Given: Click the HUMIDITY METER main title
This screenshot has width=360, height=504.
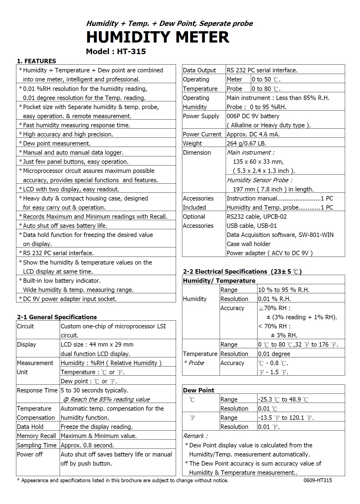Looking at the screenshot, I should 157,37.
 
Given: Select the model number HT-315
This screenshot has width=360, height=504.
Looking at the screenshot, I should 131,52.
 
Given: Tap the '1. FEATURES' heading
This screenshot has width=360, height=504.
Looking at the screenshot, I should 36,61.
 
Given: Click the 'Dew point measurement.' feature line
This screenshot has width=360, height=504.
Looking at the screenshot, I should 57,144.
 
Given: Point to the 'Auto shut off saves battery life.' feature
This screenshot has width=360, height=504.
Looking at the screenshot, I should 65,226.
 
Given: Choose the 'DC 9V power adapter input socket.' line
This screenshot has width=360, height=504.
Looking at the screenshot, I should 70,299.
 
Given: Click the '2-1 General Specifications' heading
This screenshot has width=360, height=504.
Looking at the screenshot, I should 57,317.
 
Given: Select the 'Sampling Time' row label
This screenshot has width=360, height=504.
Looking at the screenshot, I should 36,445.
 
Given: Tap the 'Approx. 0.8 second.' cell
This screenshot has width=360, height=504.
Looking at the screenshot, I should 87,445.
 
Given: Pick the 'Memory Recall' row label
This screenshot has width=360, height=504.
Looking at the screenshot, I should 36,436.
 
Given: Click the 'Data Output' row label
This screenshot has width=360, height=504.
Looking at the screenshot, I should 199,70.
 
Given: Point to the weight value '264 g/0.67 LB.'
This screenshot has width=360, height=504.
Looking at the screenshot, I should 246,144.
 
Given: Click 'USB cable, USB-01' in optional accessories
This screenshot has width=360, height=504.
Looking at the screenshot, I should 252,226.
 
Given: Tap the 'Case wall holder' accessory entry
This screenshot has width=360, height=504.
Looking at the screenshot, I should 249,244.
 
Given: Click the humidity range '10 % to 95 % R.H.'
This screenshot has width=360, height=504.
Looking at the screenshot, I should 284,290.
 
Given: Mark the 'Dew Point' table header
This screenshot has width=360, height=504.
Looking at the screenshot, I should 199,390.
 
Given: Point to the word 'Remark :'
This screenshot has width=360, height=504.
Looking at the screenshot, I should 196,436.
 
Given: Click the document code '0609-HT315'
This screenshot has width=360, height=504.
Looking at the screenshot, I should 318,480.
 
